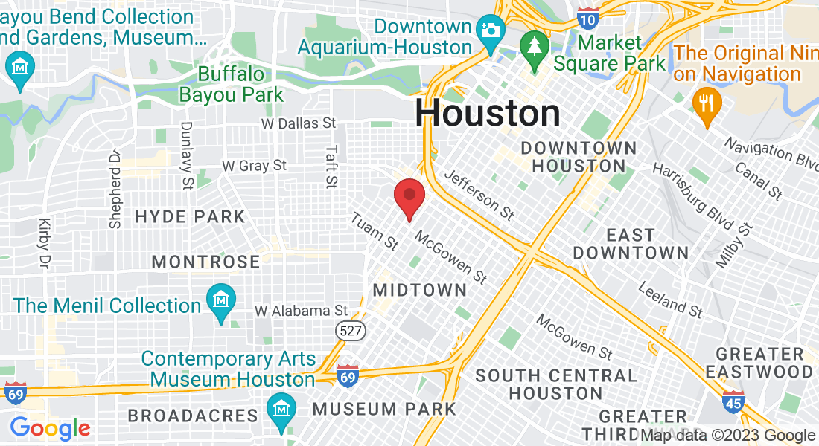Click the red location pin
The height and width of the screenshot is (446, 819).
tap(409, 197)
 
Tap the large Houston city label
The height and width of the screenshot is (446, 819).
tap(488, 113)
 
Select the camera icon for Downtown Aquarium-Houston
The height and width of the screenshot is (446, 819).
tap(491, 30)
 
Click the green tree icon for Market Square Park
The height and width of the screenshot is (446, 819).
tap(534, 45)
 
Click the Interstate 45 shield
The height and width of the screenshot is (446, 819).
tap(733, 402)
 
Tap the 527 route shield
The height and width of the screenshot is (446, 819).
tap(349, 331)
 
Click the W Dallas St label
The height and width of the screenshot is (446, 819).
tap(299, 123)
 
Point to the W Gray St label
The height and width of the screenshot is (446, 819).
tap(254, 165)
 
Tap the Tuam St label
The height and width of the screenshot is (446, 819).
tap(375, 232)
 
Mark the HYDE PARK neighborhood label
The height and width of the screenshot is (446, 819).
tap(190, 217)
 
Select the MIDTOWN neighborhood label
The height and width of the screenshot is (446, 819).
tap(420, 290)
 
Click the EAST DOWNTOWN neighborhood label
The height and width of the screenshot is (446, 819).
tap(631, 244)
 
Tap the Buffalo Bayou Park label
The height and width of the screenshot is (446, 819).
tap(232, 85)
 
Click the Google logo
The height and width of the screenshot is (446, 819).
tap(50, 429)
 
